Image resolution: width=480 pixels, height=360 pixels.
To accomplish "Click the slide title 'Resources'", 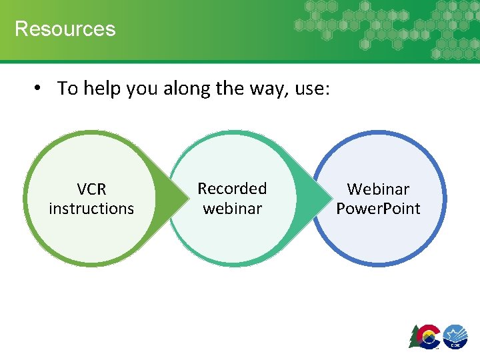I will coord(65,29).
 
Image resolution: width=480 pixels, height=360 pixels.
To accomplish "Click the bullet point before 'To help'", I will coord(40,89).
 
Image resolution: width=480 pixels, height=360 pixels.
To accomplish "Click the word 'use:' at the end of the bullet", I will coord(311,88).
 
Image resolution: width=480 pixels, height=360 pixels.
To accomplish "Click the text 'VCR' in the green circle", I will coord(91,189).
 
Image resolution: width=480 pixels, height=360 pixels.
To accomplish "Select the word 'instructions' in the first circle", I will coord(91,209).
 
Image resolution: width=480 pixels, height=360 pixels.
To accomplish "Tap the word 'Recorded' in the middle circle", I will coord(232,189).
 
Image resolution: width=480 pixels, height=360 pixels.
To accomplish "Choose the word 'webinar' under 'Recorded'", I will coord(232,209).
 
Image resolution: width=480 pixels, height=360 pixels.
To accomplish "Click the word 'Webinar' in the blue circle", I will coord(378,189).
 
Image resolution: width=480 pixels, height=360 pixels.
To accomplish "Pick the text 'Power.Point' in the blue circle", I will coord(378,209).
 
